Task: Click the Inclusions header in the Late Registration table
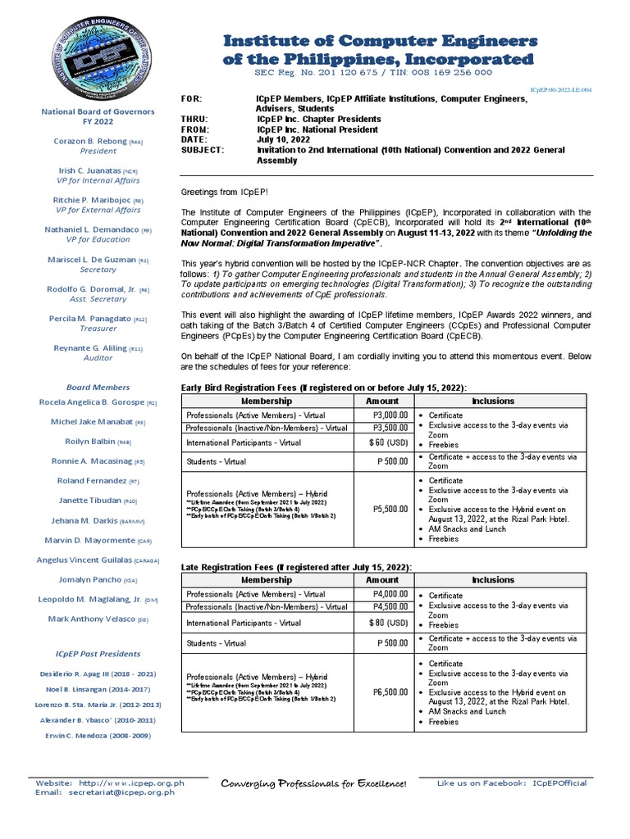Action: (493, 580)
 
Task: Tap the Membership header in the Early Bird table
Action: (266, 401)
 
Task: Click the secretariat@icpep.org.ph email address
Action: (126, 793)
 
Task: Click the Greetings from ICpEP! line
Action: (219, 192)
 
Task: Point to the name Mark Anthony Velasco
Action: (92, 619)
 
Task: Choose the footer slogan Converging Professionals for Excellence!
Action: (314, 785)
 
